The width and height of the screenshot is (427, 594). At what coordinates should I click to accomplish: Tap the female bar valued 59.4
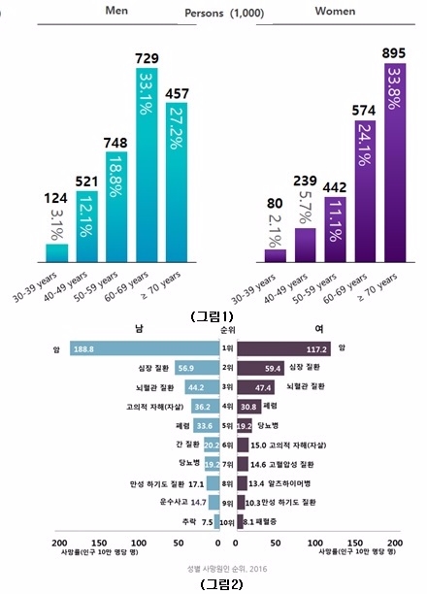click(x=260, y=369)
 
